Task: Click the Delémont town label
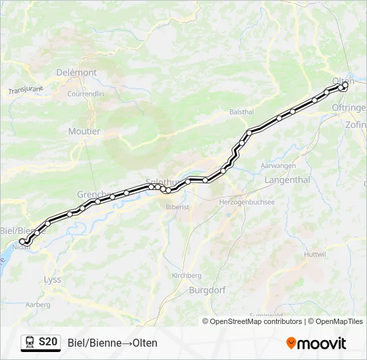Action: pyautogui.click(x=77, y=73)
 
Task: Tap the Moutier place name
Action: pyautogui.click(x=84, y=131)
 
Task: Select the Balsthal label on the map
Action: pyautogui.click(x=242, y=112)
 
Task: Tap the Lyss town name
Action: pyautogui.click(x=52, y=279)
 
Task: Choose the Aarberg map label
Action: pyautogui.click(x=37, y=305)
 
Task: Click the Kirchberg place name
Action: pyautogui.click(x=186, y=275)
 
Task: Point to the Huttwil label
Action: pyautogui.click(x=315, y=255)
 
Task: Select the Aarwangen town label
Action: pyautogui.click(x=278, y=165)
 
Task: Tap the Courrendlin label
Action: pyautogui.click(x=85, y=94)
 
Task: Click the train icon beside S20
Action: pyautogui.click(x=29, y=342)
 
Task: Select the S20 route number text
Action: pyautogui.click(x=48, y=342)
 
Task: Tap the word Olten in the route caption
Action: pyautogui.click(x=145, y=343)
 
